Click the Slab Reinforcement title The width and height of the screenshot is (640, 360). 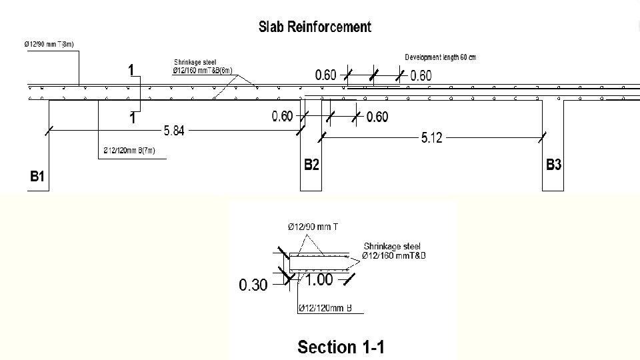[x=315, y=27]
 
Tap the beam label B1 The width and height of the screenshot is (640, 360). [x=37, y=176]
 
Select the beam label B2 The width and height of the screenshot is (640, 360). [x=311, y=165]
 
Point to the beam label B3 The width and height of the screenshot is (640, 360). [x=553, y=165]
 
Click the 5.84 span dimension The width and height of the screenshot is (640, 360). [x=174, y=131]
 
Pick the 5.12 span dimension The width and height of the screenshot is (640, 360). [x=431, y=138]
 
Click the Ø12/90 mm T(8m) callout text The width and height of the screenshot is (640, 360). [x=49, y=44]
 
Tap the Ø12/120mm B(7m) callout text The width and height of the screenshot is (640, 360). [x=129, y=151]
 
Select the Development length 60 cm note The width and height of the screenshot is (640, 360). [x=441, y=57]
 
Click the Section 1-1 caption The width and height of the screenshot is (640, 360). [x=341, y=347]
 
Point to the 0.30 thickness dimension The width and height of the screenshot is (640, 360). [x=253, y=285]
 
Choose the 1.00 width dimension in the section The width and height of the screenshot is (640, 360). [x=319, y=280]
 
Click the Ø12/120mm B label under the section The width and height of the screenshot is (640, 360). [x=325, y=308]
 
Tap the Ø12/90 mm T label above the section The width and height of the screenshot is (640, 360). [x=313, y=227]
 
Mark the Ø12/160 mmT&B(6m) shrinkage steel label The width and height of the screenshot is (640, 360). [x=203, y=70]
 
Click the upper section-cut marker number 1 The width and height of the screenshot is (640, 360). [x=131, y=71]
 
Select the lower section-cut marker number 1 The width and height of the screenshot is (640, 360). [x=133, y=119]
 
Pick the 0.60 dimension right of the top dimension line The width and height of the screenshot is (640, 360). [x=421, y=76]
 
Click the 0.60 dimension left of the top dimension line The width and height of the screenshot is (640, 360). [x=326, y=75]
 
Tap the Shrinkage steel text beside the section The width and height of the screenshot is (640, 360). [x=392, y=247]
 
